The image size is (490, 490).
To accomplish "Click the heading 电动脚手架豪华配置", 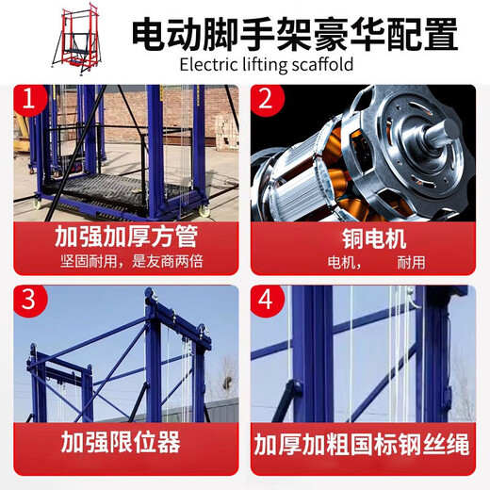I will point(294,35).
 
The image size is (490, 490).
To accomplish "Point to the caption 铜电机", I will point(365,235).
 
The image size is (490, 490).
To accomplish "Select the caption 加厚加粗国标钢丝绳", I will point(364,443).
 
